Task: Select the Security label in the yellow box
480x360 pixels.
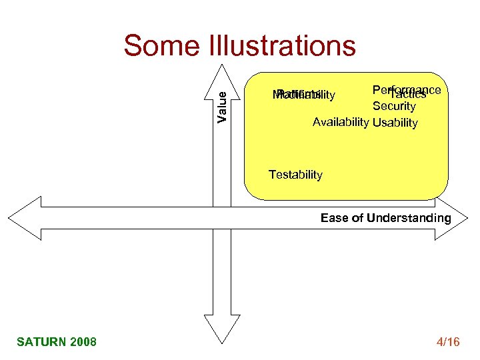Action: point(394,106)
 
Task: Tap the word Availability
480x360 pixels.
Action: point(341,122)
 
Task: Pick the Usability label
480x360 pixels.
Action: point(395,123)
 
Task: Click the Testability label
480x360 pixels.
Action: point(295,175)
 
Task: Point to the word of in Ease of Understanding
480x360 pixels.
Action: point(358,218)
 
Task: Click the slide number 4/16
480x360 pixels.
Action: point(447,342)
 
